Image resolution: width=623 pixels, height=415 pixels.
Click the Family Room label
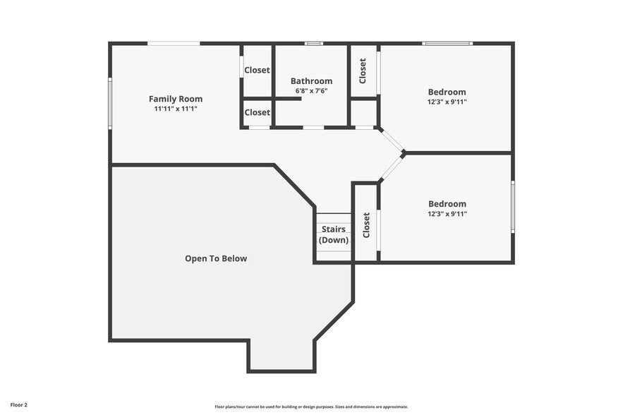point(175,99)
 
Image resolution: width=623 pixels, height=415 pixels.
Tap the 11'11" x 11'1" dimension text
point(175,109)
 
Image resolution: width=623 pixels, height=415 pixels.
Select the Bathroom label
point(311,81)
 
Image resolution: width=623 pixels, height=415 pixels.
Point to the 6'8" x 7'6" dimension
point(311,91)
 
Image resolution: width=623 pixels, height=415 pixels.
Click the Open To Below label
point(216,258)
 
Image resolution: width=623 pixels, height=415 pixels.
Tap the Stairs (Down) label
point(334,234)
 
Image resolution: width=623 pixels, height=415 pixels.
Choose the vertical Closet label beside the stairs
point(366,225)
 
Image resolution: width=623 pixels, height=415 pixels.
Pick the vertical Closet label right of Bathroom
point(363,71)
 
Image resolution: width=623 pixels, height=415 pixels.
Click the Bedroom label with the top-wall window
point(447,92)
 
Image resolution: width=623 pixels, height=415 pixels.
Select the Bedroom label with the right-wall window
point(447,204)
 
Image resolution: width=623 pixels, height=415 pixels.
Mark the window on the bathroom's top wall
point(313,44)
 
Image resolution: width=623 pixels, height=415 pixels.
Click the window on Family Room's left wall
point(110,103)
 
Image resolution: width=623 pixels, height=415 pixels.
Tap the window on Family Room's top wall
point(174,44)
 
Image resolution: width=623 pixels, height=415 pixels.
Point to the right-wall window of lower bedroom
point(512,207)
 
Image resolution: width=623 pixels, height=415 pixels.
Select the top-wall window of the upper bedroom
point(447,44)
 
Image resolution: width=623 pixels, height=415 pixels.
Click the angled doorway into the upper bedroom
point(392,140)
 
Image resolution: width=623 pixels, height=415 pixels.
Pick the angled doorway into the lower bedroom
point(392,167)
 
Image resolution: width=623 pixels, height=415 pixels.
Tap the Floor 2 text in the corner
point(19,405)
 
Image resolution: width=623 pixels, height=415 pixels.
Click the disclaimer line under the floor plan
point(311,407)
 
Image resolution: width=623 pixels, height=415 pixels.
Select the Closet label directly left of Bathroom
point(257,70)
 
